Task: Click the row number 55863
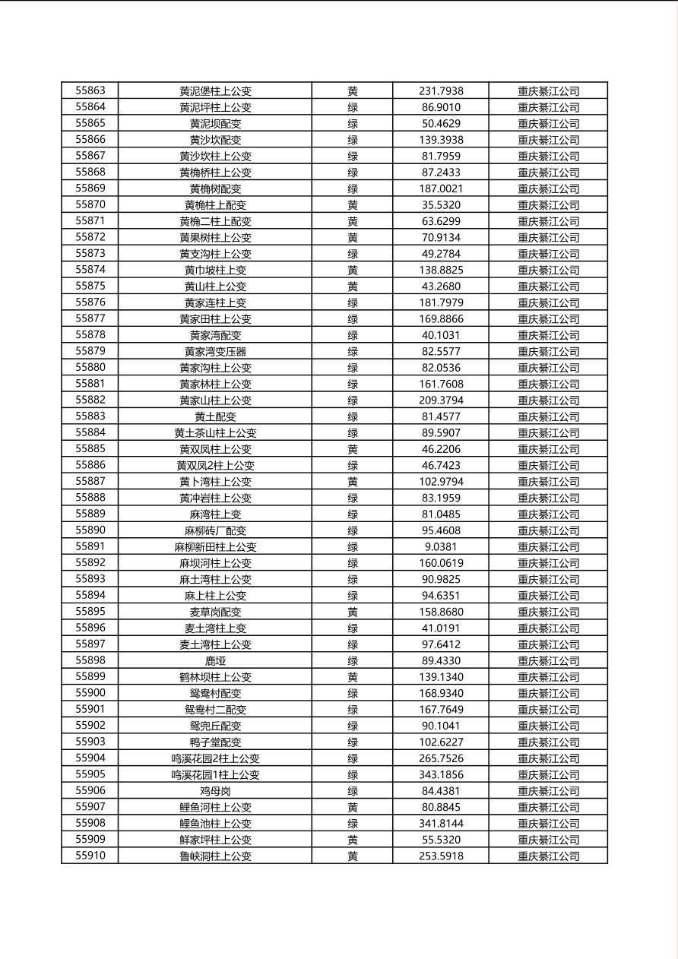coord(90,90)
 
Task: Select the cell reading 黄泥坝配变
coord(215,123)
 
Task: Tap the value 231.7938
coord(441,90)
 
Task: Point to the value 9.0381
coord(441,546)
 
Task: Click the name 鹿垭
coord(215,660)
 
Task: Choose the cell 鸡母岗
coord(215,791)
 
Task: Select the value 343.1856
coord(441,774)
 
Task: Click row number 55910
coord(90,856)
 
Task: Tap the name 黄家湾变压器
coord(215,351)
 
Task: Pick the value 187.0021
coord(441,188)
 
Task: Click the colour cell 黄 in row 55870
coord(353,204)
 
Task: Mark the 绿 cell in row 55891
coord(353,546)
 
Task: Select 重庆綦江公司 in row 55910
coord(548,856)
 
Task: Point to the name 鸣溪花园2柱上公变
coord(215,758)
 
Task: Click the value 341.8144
coord(441,823)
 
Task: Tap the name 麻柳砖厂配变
coord(215,530)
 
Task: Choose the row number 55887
coord(90,481)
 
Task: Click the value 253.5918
coord(441,856)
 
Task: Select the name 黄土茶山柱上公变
coord(215,432)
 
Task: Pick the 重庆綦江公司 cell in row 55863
coord(548,90)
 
